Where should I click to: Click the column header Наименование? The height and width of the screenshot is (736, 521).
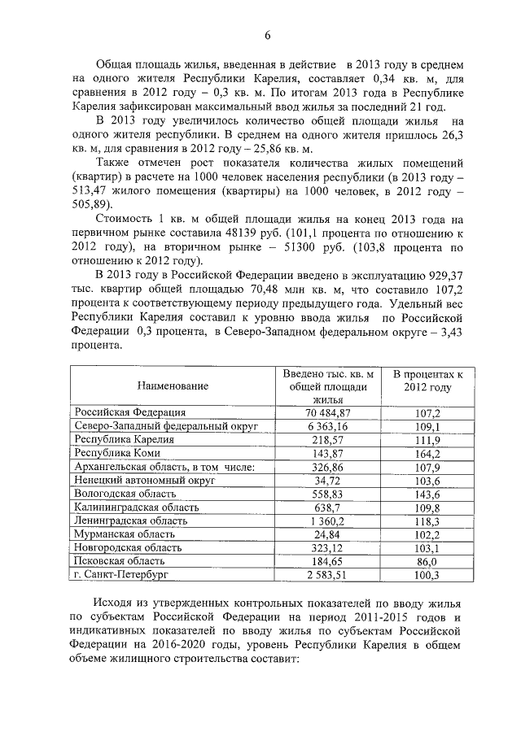point(173,385)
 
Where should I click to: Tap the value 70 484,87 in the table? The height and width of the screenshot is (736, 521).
point(328,413)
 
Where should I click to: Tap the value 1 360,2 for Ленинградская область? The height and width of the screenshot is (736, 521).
point(328,520)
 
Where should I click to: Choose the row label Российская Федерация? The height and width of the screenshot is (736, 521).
point(129,412)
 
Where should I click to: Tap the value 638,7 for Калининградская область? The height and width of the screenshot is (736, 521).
point(328,507)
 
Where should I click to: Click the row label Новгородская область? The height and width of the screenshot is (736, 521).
point(126,547)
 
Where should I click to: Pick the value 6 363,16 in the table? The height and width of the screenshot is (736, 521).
point(328,426)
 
